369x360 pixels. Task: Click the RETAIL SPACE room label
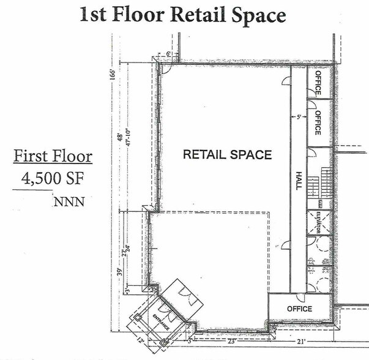pos(227,155)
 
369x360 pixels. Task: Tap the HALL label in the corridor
pos(299,181)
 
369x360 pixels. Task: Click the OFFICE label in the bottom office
pos(300,309)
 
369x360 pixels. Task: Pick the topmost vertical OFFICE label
pos(318,83)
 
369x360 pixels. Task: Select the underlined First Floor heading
pos(53,156)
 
